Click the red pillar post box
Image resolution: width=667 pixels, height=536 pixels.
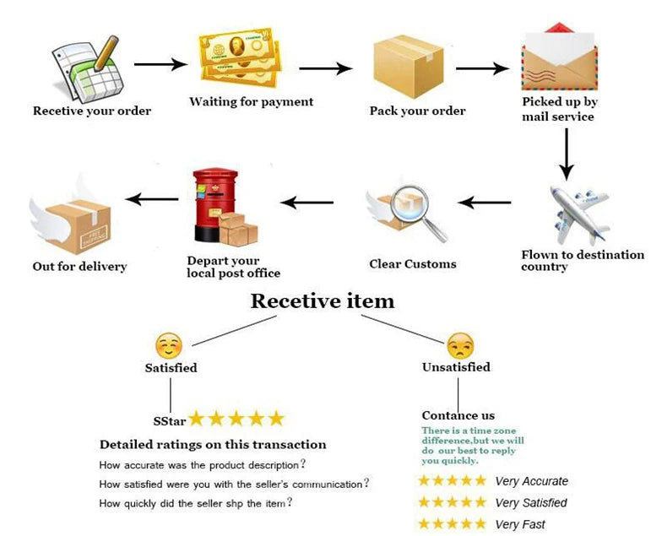(x=214, y=205)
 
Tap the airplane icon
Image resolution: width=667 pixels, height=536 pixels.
(x=579, y=215)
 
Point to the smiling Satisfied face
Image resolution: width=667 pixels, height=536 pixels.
(x=169, y=345)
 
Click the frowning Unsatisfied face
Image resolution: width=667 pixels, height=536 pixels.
(x=460, y=345)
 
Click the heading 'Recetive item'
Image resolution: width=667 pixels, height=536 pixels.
(x=323, y=301)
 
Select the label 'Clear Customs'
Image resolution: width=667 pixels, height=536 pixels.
(x=413, y=264)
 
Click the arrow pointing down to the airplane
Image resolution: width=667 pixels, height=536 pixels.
(x=567, y=154)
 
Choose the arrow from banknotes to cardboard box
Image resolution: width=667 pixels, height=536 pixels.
(x=325, y=68)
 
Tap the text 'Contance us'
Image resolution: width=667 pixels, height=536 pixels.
(x=458, y=415)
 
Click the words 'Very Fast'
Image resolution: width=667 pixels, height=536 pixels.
(x=520, y=524)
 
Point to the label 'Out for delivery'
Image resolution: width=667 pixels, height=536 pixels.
(x=79, y=267)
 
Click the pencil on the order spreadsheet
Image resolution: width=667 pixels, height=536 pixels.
(x=106, y=53)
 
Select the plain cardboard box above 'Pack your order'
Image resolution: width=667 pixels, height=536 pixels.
(x=409, y=67)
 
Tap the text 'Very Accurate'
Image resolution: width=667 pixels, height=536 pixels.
(x=531, y=481)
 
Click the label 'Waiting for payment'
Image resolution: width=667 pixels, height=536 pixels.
(x=251, y=102)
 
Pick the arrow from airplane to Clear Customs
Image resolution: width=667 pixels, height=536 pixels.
(x=485, y=202)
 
